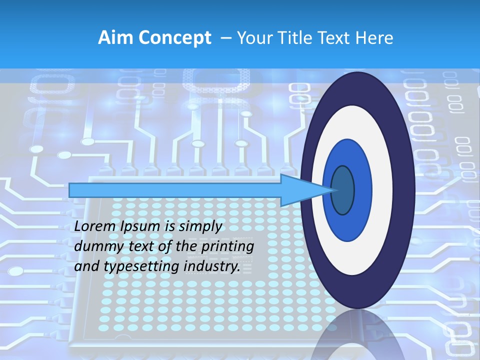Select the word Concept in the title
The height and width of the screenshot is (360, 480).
(x=175, y=38)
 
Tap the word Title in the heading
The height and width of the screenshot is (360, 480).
(x=298, y=38)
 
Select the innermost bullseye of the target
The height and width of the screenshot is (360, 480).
(x=342, y=190)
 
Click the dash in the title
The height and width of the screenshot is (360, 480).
(x=225, y=38)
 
